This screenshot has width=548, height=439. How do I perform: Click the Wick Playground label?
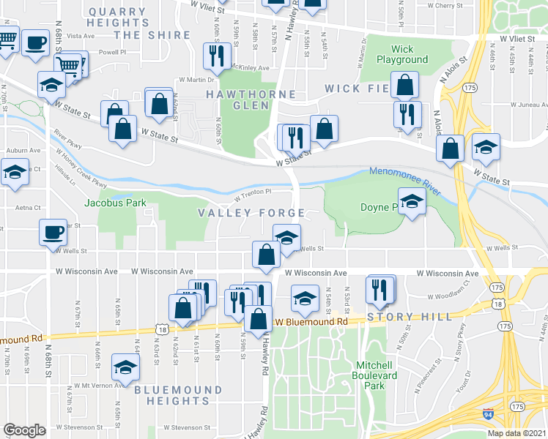pos(402,54)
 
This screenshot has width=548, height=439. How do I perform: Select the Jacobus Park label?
pos(115,203)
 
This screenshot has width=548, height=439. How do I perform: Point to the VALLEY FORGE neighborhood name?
pos(251,213)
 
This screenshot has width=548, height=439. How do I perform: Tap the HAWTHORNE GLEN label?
pos(251,100)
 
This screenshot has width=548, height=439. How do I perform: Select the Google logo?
pos(24,430)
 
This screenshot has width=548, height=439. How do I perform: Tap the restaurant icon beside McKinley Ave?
pos(217,56)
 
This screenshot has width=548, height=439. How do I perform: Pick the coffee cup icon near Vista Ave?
pos(34,42)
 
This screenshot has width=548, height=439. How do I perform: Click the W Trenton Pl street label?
pos(253,194)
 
